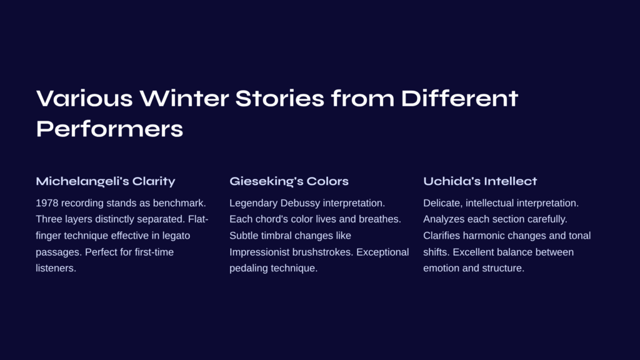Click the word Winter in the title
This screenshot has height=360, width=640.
pyautogui.click(x=184, y=98)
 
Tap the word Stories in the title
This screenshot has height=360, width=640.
pyautogui.click(x=279, y=98)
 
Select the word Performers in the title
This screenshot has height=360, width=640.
pyautogui.click(x=109, y=129)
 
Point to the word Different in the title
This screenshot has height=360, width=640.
pyautogui.click(x=459, y=98)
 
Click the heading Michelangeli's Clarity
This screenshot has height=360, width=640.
pyautogui.click(x=105, y=181)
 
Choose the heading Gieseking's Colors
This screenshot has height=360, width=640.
pyautogui.click(x=289, y=181)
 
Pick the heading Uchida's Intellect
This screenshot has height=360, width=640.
pyautogui.click(x=480, y=181)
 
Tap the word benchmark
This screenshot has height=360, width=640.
pyautogui.click(x=179, y=203)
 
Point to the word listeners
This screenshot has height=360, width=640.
pyautogui.click(x=56, y=268)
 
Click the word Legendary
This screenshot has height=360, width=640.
pyautogui.click(x=254, y=203)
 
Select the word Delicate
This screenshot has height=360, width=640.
pyautogui.click(x=443, y=203)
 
